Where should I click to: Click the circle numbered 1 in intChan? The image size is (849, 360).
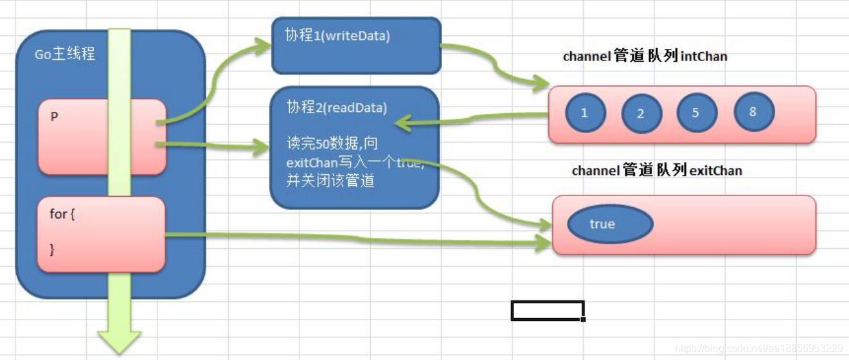[584, 113]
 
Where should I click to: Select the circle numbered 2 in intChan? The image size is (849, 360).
[641, 114]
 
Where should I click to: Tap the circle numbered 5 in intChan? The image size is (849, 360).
[696, 113]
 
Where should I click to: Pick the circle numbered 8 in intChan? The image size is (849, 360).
[753, 112]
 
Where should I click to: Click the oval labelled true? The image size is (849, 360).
[602, 224]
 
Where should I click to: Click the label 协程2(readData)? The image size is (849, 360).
[337, 107]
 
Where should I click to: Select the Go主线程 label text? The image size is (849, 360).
[65, 54]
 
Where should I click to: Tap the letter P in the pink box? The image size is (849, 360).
[55, 118]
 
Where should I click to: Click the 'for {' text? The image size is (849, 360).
[62, 213]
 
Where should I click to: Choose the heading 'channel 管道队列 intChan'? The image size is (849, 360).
[645, 57]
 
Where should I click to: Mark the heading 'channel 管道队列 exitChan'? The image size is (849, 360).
[656, 171]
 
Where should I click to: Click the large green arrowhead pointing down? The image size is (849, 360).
[119, 341]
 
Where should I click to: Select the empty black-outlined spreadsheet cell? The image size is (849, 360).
[547, 310]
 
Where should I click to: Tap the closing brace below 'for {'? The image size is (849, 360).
[53, 250]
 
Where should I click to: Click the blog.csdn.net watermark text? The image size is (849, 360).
[758, 348]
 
